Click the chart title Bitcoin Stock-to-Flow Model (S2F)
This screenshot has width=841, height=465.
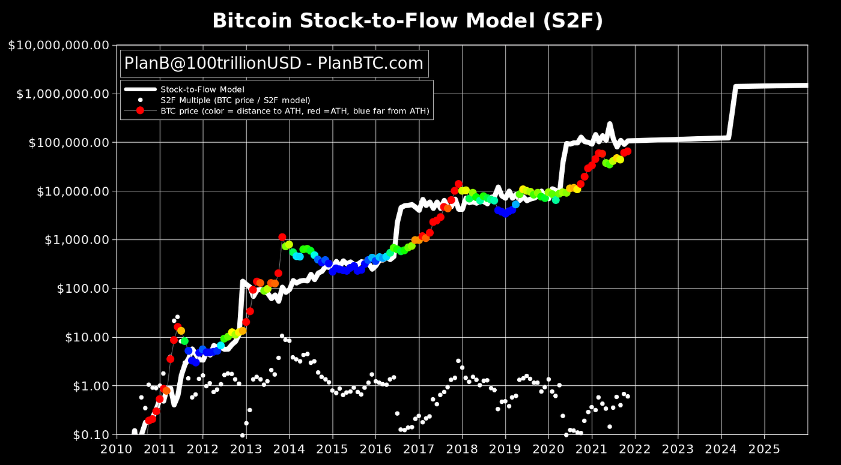click(x=407, y=21)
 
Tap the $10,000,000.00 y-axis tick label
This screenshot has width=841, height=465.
click(x=58, y=45)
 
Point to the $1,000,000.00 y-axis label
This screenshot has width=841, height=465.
click(x=62, y=94)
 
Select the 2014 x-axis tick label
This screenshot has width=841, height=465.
click(x=289, y=449)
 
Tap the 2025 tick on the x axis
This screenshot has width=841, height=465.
click(x=764, y=449)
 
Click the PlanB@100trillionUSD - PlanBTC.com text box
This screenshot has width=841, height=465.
click(x=273, y=63)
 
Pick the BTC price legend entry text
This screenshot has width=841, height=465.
click(x=295, y=110)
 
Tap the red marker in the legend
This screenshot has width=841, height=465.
click(x=140, y=110)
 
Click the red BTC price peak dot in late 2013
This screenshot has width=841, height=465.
click(x=282, y=237)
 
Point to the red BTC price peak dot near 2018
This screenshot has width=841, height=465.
click(x=458, y=184)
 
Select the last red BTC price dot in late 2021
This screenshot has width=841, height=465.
click(x=627, y=151)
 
